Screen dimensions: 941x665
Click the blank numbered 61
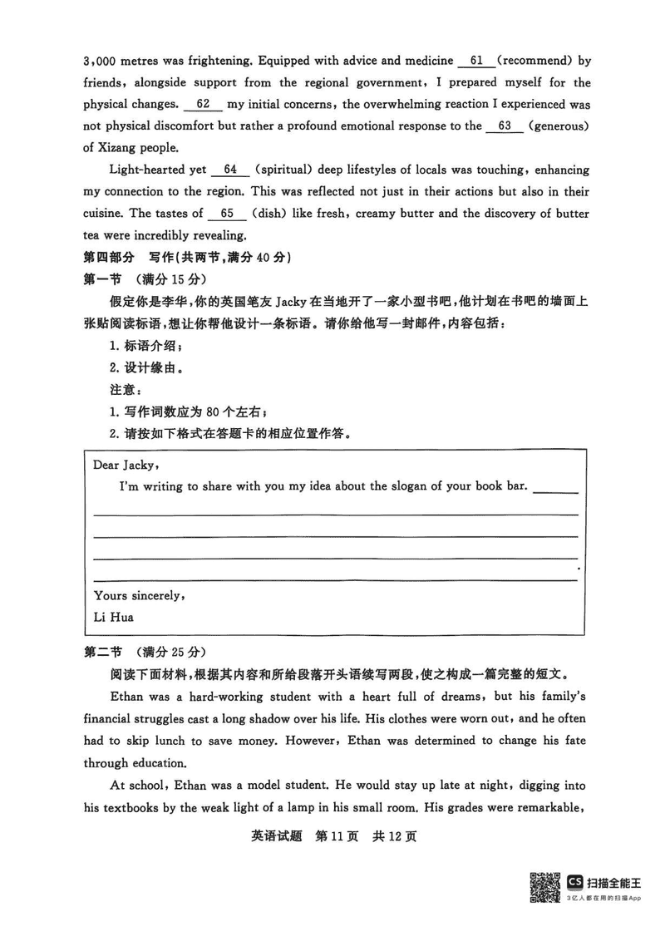point(476,62)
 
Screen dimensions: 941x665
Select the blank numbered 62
point(202,105)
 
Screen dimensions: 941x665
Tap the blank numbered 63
point(505,126)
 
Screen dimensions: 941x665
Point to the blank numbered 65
point(227,214)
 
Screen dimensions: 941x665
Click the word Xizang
point(120,148)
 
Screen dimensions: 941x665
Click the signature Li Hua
point(114,617)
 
